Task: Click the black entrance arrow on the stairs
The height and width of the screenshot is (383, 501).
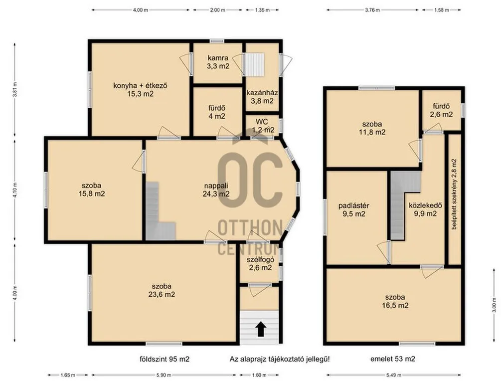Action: point(261,329)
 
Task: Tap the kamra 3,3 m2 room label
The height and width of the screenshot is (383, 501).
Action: point(218,62)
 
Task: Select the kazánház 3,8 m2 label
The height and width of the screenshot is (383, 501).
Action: point(262,97)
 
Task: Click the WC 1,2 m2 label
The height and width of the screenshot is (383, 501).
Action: point(263,126)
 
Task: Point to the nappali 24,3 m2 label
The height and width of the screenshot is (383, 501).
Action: point(216,190)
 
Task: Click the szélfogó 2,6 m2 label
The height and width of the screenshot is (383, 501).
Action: point(260,264)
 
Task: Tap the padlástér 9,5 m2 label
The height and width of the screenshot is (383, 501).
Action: point(354,210)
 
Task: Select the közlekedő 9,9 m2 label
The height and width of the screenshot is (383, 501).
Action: point(425,209)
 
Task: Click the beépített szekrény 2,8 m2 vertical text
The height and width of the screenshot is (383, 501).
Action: point(454,194)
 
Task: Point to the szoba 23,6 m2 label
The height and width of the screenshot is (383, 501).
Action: point(162,290)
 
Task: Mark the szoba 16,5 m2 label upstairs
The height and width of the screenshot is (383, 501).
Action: point(395,301)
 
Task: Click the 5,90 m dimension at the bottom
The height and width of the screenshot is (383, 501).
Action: point(164,375)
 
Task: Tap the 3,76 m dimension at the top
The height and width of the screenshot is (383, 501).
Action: point(372,10)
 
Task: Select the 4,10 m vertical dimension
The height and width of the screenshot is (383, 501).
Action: point(14,190)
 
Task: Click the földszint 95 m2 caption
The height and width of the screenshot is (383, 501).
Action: point(165,359)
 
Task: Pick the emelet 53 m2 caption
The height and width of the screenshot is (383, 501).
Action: point(393,359)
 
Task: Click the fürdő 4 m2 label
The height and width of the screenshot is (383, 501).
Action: point(217,112)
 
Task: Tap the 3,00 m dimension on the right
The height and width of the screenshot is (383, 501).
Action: point(494,305)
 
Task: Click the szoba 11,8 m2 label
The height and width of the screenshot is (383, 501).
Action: point(372,128)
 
